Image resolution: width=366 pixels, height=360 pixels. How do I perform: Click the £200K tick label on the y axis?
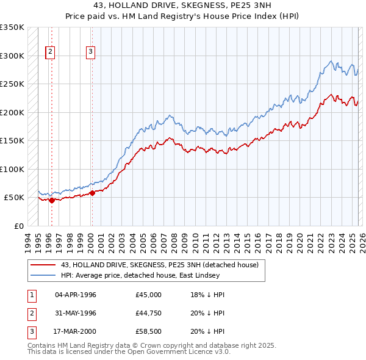(12, 112)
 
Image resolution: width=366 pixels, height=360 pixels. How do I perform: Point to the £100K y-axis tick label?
(12, 169)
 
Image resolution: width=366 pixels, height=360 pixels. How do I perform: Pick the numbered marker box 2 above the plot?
(49, 52)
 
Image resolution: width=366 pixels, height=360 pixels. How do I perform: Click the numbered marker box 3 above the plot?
(90, 52)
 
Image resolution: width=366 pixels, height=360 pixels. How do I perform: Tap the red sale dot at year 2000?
(92, 193)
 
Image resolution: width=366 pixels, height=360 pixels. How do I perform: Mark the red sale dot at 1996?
(52, 200)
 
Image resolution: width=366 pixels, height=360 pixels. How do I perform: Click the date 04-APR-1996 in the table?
(76, 295)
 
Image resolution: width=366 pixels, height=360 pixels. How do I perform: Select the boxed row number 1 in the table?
(31, 295)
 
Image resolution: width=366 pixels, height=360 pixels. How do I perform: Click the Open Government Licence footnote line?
(129, 352)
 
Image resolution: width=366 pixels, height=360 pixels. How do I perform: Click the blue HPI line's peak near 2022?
(331, 61)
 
